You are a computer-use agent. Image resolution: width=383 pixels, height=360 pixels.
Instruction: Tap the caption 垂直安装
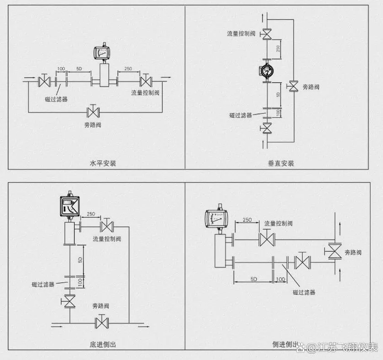[x=281, y=163]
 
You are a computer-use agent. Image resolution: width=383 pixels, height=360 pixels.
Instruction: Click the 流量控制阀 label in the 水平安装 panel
[x=145, y=93]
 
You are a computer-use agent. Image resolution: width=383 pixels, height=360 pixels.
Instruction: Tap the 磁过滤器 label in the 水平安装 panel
[x=56, y=99]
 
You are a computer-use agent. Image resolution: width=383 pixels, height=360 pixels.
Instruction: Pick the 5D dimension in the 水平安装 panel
[x=79, y=68]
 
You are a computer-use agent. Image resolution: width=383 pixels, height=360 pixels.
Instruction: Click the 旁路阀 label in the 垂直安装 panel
[x=311, y=86]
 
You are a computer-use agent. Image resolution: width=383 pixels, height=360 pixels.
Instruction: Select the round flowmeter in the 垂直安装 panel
[x=266, y=71]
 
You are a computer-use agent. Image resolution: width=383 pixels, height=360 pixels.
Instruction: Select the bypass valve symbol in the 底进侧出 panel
[x=101, y=322]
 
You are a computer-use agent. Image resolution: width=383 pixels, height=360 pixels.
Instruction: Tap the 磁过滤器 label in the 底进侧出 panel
[x=43, y=284]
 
